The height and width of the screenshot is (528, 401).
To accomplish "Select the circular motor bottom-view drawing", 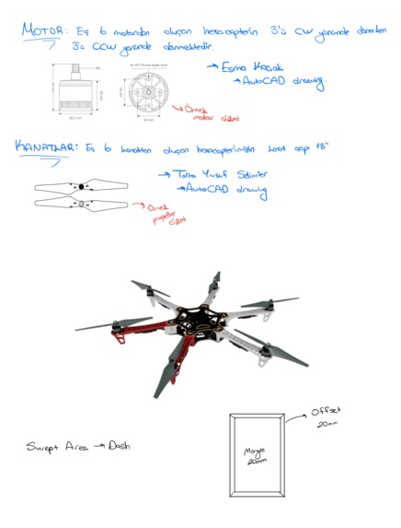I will coord(148,93).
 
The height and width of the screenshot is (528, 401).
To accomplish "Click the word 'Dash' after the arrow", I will coord(119,445).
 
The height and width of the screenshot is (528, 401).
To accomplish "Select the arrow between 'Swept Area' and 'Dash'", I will coord(96,446).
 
